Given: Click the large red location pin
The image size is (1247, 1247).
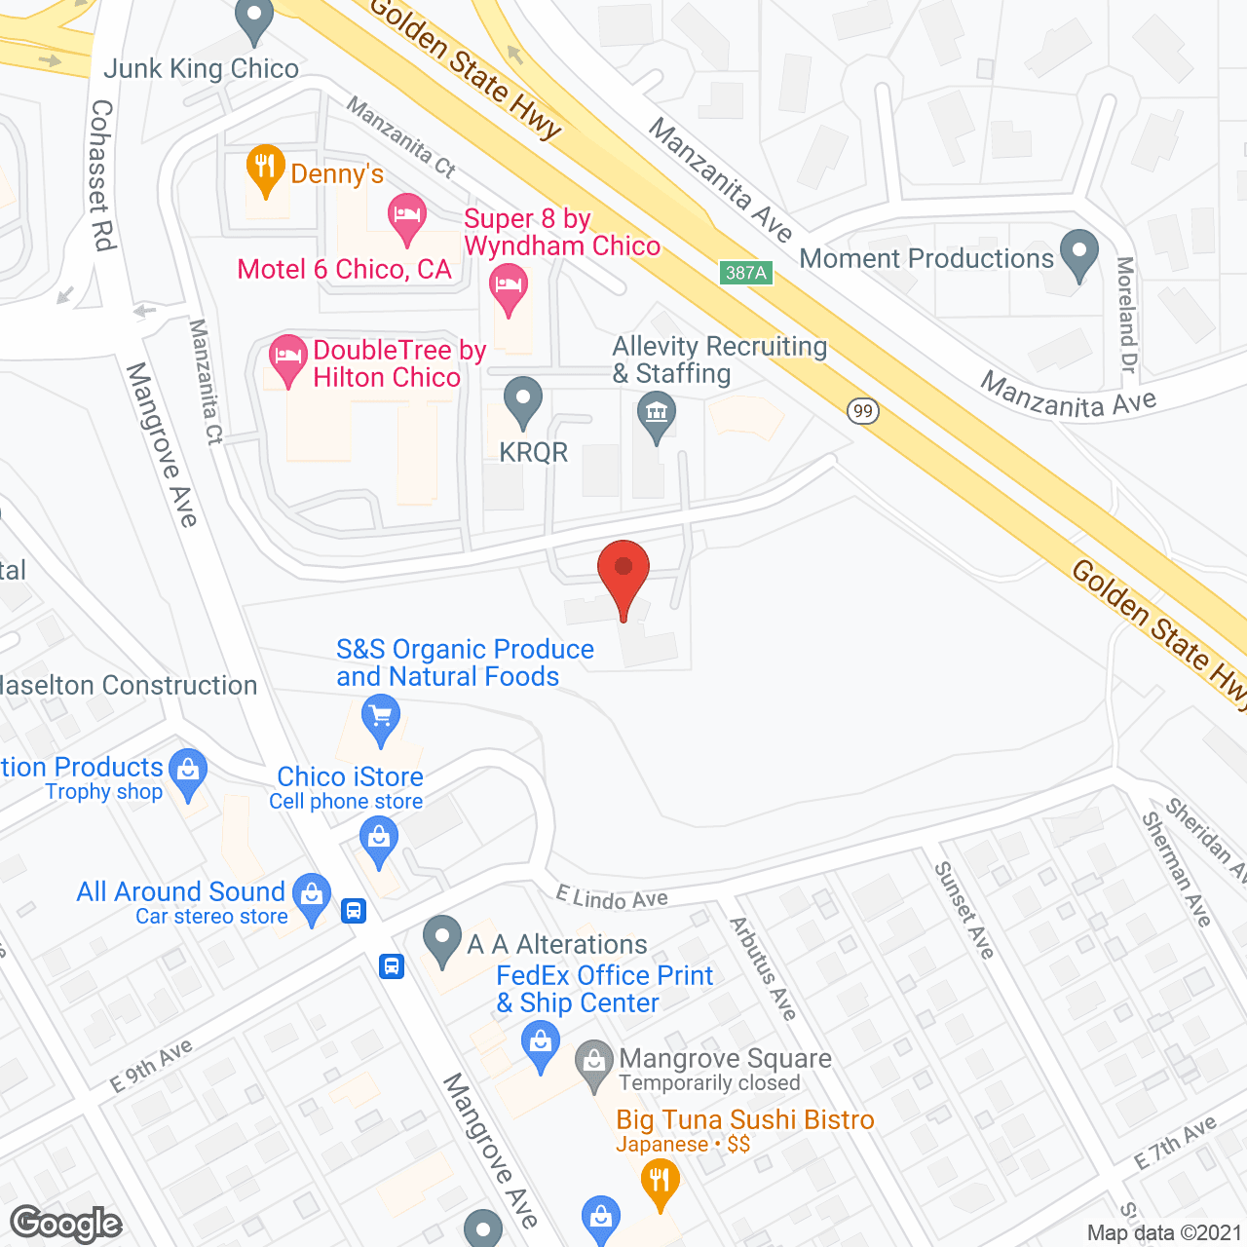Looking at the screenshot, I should pyautogui.click(x=623, y=571).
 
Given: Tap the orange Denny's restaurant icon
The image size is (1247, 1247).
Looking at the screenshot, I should pyautogui.click(x=265, y=169).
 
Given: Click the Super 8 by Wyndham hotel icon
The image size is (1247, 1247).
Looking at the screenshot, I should pyautogui.click(x=508, y=287).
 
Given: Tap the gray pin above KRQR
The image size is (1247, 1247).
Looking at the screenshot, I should pyautogui.click(x=523, y=400).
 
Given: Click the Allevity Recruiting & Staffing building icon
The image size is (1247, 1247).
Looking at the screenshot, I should pyautogui.click(x=657, y=414).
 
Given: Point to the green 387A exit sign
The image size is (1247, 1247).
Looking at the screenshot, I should pyautogui.click(x=746, y=273).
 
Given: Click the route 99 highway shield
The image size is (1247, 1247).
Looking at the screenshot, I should pyautogui.click(x=862, y=410).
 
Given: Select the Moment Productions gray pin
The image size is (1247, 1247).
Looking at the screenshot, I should pyautogui.click(x=1078, y=252).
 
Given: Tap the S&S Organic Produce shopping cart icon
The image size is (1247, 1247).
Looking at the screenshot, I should pyautogui.click(x=381, y=718).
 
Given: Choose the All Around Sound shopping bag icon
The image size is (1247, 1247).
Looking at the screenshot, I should pyautogui.click(x=312, y=896).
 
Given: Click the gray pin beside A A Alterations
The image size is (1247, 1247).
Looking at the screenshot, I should pyautogui.click(x=442, y=939).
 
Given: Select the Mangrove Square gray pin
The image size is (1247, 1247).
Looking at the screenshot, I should pyautogui.click(x=593, y=1063).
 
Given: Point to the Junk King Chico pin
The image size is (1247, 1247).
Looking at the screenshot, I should pyautogui.click(x=254, y=19).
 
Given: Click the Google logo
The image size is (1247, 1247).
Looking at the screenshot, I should pyautogui.click(x=66, y=1224).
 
